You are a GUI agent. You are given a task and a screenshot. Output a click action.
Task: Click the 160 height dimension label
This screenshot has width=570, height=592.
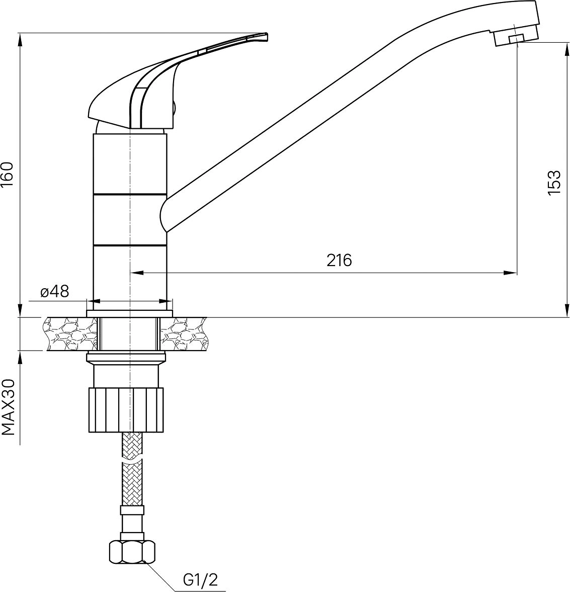tap(8, 175)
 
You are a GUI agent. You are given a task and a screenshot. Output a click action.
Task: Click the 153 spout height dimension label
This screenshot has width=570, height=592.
tap(554, 183)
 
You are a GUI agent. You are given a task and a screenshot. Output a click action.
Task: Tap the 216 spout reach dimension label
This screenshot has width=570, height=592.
tap(339, 260)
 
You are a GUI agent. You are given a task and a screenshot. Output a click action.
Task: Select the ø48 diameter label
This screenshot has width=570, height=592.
tap(55, 291)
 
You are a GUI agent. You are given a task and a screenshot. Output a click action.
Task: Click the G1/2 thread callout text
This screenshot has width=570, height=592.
tap(200, 579)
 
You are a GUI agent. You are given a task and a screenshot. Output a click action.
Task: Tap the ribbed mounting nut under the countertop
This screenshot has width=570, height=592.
tap(127, 409)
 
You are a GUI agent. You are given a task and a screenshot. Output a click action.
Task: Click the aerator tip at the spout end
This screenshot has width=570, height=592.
tap(516, 36)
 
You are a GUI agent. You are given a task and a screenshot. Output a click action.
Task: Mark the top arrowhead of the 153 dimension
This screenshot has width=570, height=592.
tap(566, 49)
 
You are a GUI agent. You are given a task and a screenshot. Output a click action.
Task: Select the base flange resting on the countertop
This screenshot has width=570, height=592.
tap(130, 313)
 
